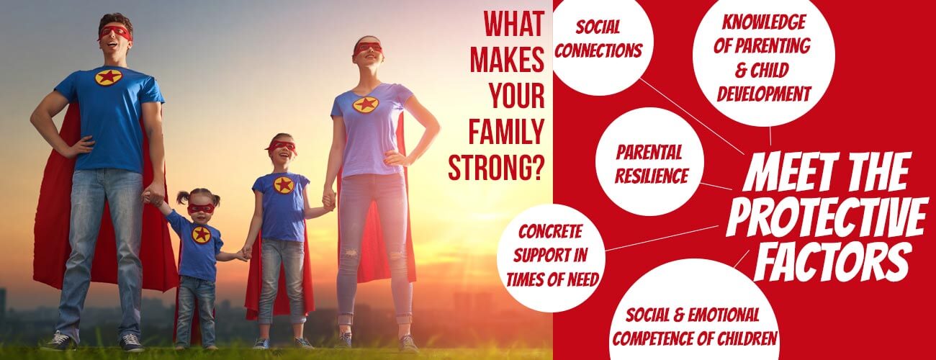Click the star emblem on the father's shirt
click(x=108, y=77)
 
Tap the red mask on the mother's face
click(x=368, y=48)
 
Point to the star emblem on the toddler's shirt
click(x=202, y=235)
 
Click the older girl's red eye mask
click(x=282, y=146)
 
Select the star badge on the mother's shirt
click(x=366, y=104)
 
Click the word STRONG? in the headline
click(x=497, y=168)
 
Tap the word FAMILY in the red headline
click(x=506, y=132)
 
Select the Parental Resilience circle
click(x=649, y=161)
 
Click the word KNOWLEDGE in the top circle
click(x=764, y=22)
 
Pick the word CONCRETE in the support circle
click(x=550, y=232)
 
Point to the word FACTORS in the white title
click(x=833, y=261)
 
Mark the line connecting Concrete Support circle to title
click(x=662, y=238)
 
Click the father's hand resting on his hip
click(x=81, y=146)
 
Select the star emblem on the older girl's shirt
click(x=283, y=185)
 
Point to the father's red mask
click(x=115, y=32)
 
